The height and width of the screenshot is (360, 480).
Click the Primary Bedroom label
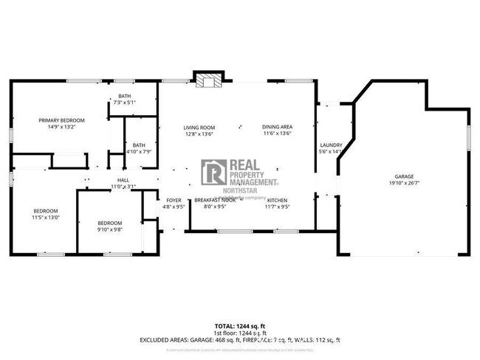point(62,120)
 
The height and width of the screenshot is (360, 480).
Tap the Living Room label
point(199,128)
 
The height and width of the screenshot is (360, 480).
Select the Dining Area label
point(277,128)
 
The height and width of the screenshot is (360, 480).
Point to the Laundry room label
point(329,145)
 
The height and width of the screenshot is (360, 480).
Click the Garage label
point(404,177)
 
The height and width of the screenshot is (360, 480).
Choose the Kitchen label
point(277,201)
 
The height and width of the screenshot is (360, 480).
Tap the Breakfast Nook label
point(215,201)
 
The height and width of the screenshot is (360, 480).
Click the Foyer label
point(174,201)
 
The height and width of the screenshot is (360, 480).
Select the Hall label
point(123,181)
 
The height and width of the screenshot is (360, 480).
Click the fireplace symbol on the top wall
point(206,80)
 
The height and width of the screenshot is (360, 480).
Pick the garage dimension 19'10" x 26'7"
point(404,184)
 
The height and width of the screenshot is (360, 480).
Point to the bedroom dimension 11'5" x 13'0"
point(46,217)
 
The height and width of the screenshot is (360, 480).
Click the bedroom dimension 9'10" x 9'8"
point(110,229)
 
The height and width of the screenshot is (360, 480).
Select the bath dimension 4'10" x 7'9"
point(139,151)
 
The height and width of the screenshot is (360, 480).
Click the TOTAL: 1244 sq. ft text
point(240,325)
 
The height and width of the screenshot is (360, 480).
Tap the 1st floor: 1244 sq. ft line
point(240,333)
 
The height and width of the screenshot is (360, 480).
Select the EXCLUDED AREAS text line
point(240,340)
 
